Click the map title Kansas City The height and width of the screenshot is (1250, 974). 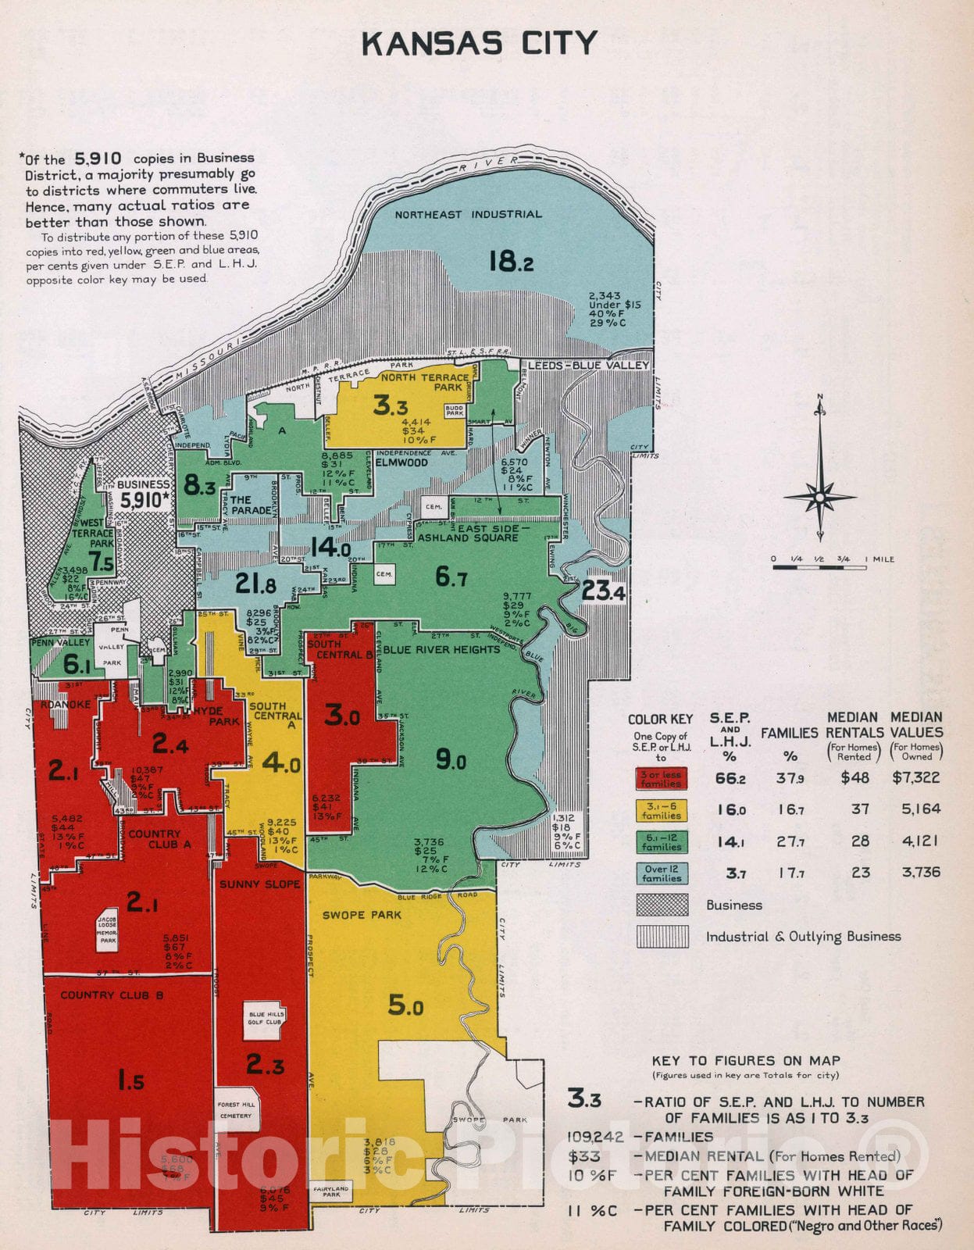point(480,44)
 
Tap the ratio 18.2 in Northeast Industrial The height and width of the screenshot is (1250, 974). point(512,260)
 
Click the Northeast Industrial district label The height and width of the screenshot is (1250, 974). point(468,214)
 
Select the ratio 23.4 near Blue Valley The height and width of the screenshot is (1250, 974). point(602,591)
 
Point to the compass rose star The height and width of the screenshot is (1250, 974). point(820,497)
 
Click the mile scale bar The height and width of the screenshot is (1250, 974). point(819,567)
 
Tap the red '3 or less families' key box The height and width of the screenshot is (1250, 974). point(661,779)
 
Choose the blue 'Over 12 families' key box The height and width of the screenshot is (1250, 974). point(661,873)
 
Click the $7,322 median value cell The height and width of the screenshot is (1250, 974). point(916,778)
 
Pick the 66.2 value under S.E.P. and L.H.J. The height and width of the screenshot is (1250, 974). point(730,779)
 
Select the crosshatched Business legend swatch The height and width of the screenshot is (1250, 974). point(662,905)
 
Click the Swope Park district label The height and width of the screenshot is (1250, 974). point(362,915)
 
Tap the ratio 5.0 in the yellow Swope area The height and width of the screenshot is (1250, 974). point(406,1005)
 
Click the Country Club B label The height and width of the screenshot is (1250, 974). point(112,995)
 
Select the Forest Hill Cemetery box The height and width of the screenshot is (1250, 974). point(236,1110)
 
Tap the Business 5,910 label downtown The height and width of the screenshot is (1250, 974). point(144,493)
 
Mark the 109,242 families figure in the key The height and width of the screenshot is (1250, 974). point(596,1137)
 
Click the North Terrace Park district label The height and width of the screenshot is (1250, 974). point(425,382)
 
